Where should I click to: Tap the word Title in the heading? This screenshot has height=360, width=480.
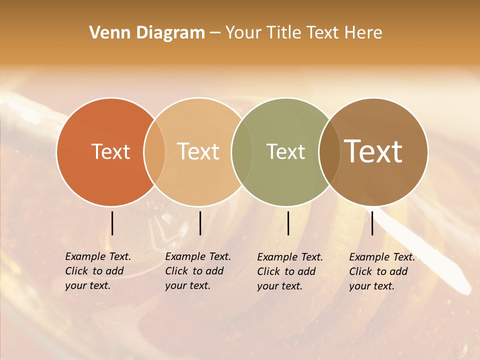tap(283, 33)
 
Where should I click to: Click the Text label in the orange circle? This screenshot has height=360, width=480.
tap(110, 151)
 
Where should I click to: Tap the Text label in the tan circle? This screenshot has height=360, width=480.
tap(198, 151)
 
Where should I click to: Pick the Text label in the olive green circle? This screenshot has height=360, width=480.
tap(285, 151)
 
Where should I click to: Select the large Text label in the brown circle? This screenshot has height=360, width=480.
tap(373, 151)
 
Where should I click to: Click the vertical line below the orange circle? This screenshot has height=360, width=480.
tap(112, 223)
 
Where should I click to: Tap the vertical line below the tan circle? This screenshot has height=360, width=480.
tap(200, 223)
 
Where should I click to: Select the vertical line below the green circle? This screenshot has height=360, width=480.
tap(288, 223)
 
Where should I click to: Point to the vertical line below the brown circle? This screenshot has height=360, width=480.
tap(372, 223)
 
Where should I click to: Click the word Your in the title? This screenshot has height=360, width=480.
tap(243, 33)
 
